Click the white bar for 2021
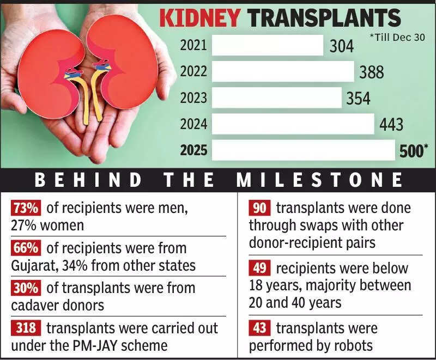click(x=267, y=45)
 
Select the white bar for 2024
click(x=293, y=124)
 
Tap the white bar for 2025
click(x=303, y=150)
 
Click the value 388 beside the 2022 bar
click(x=372, y=72)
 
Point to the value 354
click(x=358, y=99)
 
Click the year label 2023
click(x=193, y=98)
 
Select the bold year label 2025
click(x=193, y=150)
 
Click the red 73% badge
click(x=26, y=208)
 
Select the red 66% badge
click(x=26, y=248)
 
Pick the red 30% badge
click(x=26, y=288)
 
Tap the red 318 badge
click(x=26, y=328)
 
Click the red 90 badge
click(x=260, y=208)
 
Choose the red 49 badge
click(x=260, y=269)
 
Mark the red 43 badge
click(x=260, y=328)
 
